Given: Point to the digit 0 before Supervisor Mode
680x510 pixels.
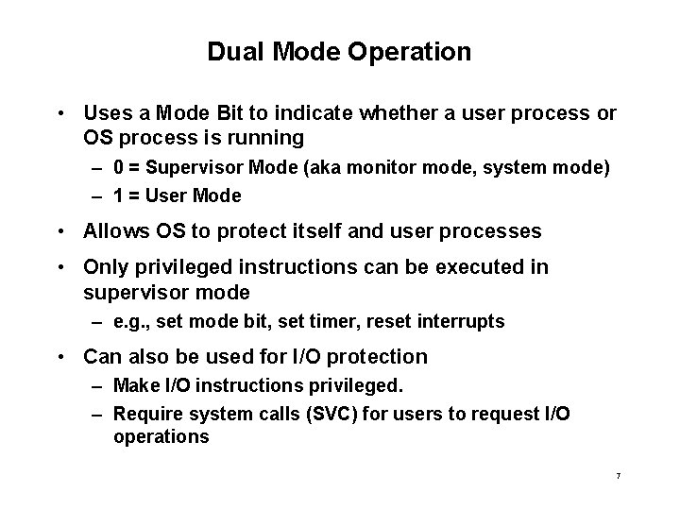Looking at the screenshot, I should [118, 167].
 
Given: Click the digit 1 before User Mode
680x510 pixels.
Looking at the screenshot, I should [118, 196].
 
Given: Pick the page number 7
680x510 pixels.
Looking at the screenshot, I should [618, 476].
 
